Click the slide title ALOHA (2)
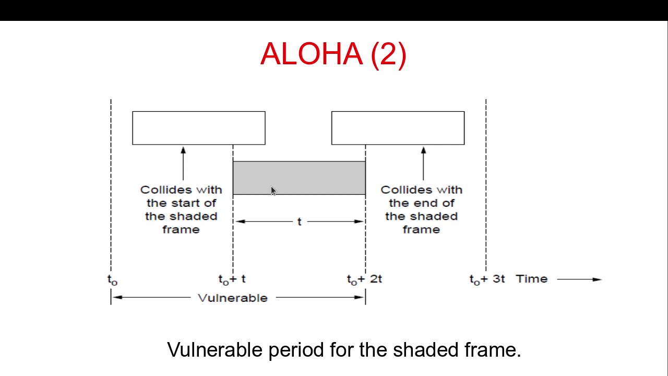tap(333, 54)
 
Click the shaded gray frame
tap(313, 178)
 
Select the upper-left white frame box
tap(198, 128)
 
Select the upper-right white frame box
tap(398, 128)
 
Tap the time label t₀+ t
tap(232, 279)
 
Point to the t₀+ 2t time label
tap(364, 279)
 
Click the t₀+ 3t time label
tap(487, 279)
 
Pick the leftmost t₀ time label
tap(112, 280)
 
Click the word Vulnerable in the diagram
tap(233, 298)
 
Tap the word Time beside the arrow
tap(531, 279)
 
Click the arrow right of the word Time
tap(579, 279)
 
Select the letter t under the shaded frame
tap(299, 222)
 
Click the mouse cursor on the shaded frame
tap(273, 191)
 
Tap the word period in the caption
tap(296, 350)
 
